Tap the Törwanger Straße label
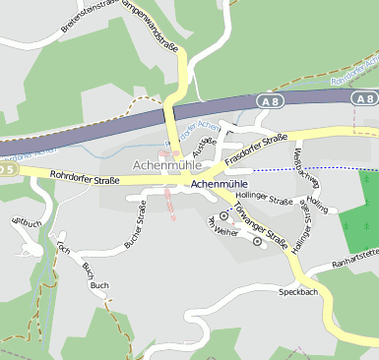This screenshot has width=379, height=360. (260, 229)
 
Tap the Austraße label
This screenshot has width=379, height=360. (203, 149)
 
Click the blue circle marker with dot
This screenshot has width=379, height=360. (223, 213)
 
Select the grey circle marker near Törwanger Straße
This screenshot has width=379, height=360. (258, 242)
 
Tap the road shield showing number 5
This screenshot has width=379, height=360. (8, 169)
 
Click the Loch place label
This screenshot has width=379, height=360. (64, 250)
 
